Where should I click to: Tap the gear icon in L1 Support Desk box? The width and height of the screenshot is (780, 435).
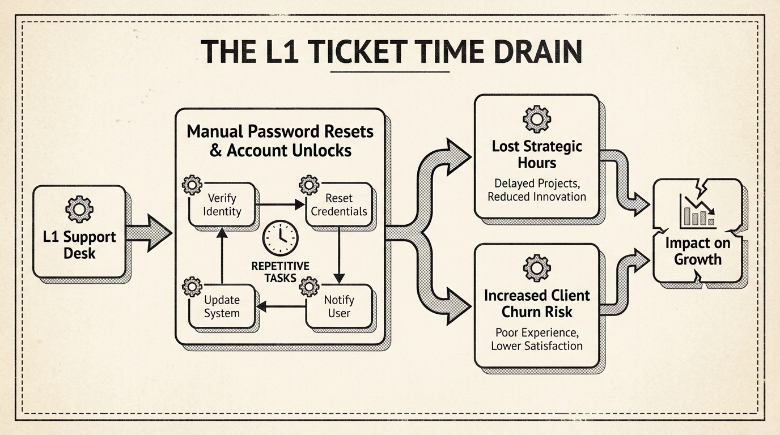79,210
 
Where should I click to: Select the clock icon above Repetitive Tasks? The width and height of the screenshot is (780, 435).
280,238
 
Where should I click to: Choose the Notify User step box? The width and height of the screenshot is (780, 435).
339,306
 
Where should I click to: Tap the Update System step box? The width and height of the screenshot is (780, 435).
222,306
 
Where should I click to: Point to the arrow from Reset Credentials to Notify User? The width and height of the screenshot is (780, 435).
339,255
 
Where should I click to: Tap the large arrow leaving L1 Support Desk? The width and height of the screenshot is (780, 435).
149,233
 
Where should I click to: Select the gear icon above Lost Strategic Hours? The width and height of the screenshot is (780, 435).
536,119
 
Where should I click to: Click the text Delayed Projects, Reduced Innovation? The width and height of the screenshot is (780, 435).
536,190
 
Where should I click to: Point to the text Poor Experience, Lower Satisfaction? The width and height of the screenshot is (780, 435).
536,339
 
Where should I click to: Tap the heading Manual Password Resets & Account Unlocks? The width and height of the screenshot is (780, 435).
280,141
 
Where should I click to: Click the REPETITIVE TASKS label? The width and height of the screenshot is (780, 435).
280,272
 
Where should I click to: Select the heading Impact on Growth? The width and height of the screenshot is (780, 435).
697,251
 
